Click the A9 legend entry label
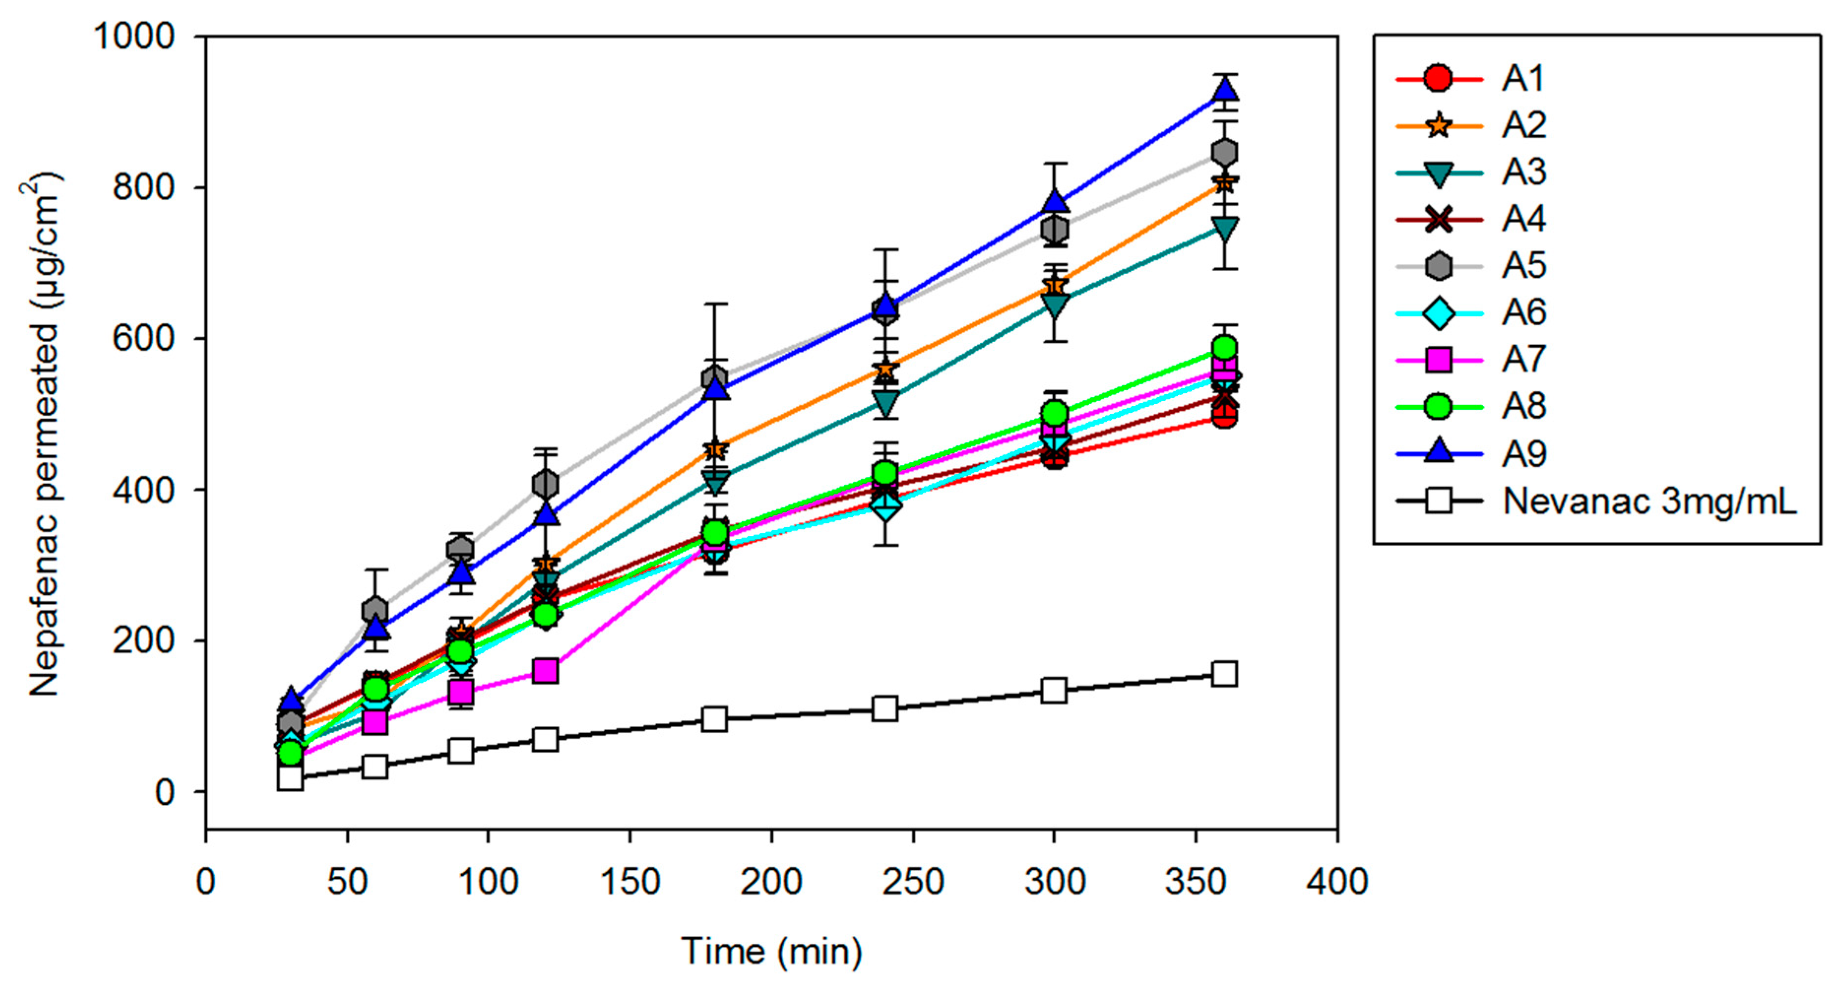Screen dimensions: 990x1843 (x=1524, y=454)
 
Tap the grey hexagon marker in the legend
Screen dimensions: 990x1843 (x=1438, y=266)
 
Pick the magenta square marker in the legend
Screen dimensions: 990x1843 (x=1438, y=360)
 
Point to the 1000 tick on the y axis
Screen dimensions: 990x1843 (x=134, y=36)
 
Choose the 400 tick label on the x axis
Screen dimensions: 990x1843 (x=1336, y=881)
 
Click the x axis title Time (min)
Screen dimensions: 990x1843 (x=771, y=951)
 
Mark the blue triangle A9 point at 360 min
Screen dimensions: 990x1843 (x=1225, y=91)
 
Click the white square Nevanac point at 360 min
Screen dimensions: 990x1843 (x=1225, y=674)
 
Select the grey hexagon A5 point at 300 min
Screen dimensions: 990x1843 (x=1054, y=230)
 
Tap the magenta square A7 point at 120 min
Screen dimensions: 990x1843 (x=545, y=671)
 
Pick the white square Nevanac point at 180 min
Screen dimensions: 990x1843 (x=715, y=719)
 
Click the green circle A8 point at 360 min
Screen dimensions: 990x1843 (x=1225, y=348)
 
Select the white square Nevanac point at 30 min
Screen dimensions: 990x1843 (x=290, y=777)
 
